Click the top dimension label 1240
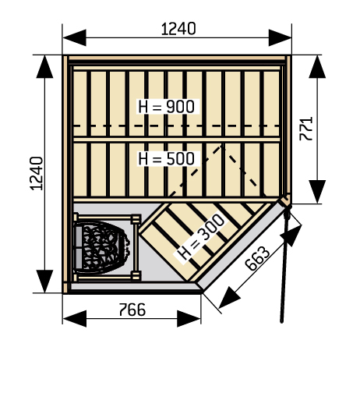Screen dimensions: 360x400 click(178, 29)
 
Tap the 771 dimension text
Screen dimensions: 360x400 click(306, 129)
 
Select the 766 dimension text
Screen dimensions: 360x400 click(132, 310)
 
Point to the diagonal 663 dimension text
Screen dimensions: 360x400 click(257, 258)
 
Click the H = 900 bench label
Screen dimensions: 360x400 click(167, 107)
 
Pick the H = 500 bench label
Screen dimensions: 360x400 click(167, 158)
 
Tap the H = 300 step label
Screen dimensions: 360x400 click(201, 237)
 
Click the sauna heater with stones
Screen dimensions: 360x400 click(102, 247)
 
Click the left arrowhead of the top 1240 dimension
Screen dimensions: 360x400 click(74, 37)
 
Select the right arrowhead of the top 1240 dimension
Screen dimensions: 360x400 click(280, 37)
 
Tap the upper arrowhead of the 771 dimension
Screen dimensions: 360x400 click(317, 66)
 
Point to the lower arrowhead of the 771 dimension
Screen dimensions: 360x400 click(317, 192)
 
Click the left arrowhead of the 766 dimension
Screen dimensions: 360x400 click(75, 318)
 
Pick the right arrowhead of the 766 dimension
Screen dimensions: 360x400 click(189, 318)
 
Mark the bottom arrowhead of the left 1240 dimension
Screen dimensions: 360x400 click(44, 281)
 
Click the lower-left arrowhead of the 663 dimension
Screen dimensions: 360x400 click(228, 298)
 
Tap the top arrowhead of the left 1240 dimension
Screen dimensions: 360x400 click(44, 66)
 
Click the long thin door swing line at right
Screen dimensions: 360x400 click(284, 264)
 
